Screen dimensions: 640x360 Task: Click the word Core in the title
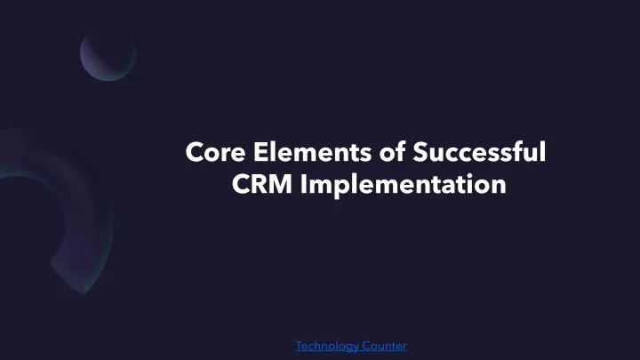click(215, 152)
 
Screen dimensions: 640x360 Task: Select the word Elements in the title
click(312, 152)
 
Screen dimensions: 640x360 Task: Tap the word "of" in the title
click(392, 151)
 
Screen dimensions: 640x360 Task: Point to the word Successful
click(479, 151)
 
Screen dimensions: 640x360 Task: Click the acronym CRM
click(262, 184)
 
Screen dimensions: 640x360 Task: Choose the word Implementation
click(404, 185)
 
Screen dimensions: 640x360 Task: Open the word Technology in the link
click(327, 346)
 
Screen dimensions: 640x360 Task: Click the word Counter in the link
click(385, 346)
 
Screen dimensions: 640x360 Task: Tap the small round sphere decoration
click(108, 55)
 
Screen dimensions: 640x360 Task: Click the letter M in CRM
click(280, 184)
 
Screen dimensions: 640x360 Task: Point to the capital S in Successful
click(420, 152)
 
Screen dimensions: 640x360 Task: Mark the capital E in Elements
click(260, 152)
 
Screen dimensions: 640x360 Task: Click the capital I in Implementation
click(304, 184)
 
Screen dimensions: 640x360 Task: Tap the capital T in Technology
click(300, 346)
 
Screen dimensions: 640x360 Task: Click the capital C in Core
click(195, 152)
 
